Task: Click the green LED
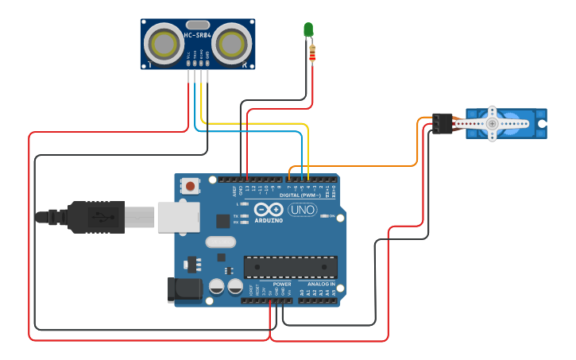click(x=308, y=29)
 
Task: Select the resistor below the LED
click(x=311, y=53)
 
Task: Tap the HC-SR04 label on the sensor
click(x=198, y=35)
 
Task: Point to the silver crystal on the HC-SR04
click(x=199, y=25)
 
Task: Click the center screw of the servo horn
click(x=493, y=123)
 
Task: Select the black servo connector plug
click(x=442, y=123)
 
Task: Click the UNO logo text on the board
click(x=302, y=210)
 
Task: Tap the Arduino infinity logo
click(x=269, y=210)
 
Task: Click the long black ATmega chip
click(x=290, y=268)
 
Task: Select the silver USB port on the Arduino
click(x=177, y=216)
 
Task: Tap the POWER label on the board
click(x=282, y=284)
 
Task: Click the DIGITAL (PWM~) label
click(x=300, y=195)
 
